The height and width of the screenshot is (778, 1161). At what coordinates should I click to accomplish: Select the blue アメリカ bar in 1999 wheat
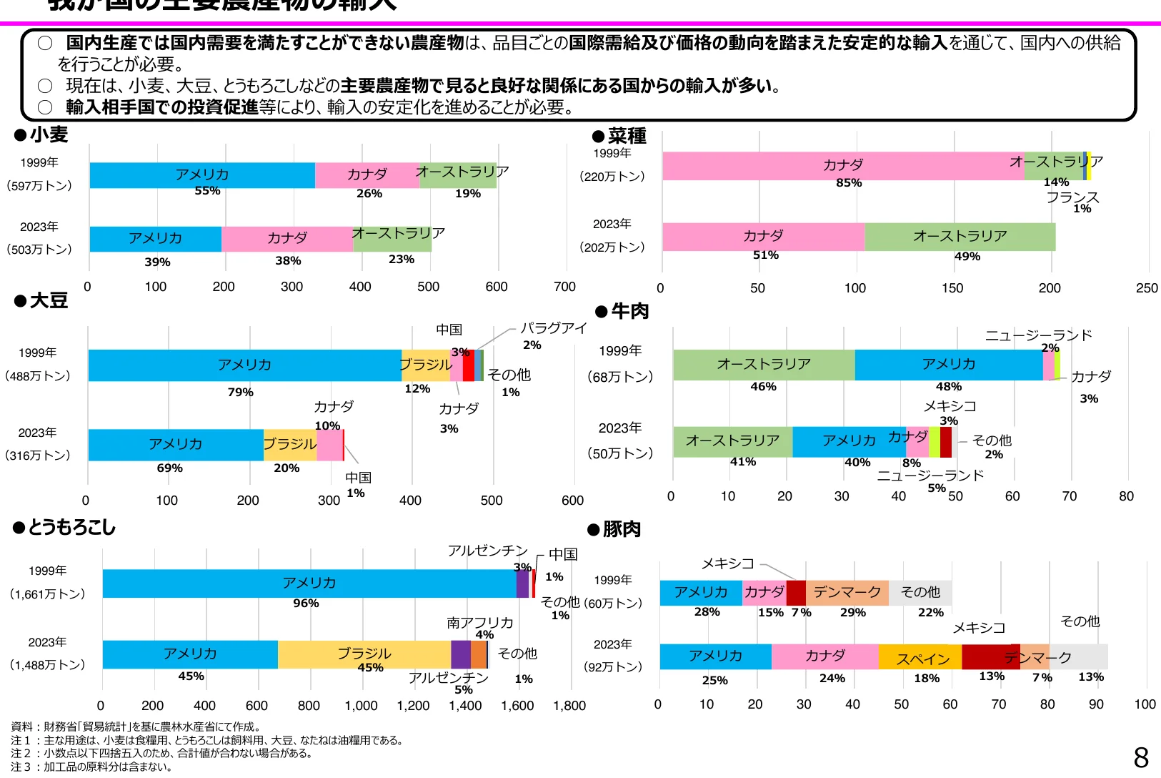(x=202, y=175)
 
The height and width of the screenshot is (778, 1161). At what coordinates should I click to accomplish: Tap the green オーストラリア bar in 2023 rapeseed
(x=960, y=237)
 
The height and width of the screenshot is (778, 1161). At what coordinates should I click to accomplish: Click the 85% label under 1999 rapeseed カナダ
(x=849, y=183)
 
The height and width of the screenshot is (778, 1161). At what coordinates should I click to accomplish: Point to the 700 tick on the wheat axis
(x=564, y=287)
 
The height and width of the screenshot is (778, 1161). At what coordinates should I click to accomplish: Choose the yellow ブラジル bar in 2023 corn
(x=364, y=654)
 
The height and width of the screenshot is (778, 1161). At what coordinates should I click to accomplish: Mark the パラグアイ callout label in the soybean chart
(x=553, y=328)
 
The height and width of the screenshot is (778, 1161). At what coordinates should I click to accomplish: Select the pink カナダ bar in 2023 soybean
(x=329, y=445)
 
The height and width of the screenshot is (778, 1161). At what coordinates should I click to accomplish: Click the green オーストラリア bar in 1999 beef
(x=763, y=365)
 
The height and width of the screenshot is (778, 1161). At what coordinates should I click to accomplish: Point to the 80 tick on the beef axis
(x=1126, y=496)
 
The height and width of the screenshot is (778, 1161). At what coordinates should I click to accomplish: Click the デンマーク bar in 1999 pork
(x=847, y=593)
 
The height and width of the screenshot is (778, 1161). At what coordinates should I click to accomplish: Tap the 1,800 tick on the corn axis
(x=569, y=706)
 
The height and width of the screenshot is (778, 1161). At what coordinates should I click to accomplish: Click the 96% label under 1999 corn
(x=306, y=604)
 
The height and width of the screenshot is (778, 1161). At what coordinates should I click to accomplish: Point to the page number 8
(x=1141, y=757)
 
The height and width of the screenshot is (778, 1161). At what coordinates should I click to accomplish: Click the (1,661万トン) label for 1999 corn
(x=48, y=594)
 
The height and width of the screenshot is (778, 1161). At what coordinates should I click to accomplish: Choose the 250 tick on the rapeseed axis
(x=1147, y=288)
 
